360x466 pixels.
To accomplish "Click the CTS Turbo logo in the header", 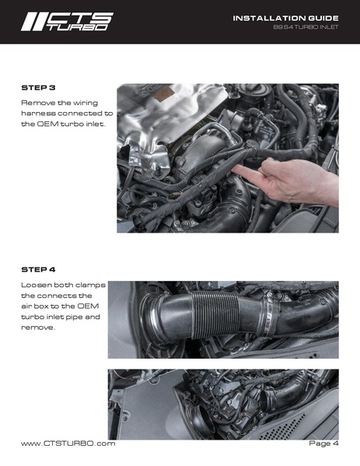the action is click(67, 22).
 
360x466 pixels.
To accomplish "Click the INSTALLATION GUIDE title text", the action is click(285, 18).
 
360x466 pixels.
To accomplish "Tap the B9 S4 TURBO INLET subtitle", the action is click(306, 27).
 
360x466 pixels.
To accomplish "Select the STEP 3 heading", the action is click(38, 88).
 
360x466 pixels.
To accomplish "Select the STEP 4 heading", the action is click(38, 269).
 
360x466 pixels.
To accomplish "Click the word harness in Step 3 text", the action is click(38, 114).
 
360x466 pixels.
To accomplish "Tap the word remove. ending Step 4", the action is click(38, 328).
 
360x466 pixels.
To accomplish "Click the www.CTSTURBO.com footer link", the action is click(68, 443).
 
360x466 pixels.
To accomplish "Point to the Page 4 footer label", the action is click(323, 443).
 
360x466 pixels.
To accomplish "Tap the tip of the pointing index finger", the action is click(232, 170).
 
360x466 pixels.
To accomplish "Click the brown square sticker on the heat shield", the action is click(163, 94).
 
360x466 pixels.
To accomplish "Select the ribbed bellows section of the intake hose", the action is click(215, 315).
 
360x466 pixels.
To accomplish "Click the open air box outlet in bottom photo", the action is click(204, 421).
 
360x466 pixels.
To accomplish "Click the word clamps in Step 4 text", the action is click(91, 285).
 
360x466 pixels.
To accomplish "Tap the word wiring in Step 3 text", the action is click(86, 103).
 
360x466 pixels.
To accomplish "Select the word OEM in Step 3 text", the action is click(48, 124).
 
